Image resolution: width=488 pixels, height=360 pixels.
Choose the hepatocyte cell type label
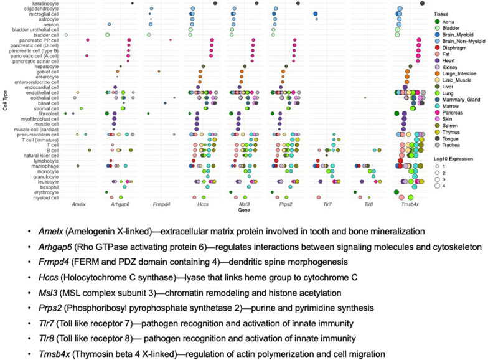[47, 65]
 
